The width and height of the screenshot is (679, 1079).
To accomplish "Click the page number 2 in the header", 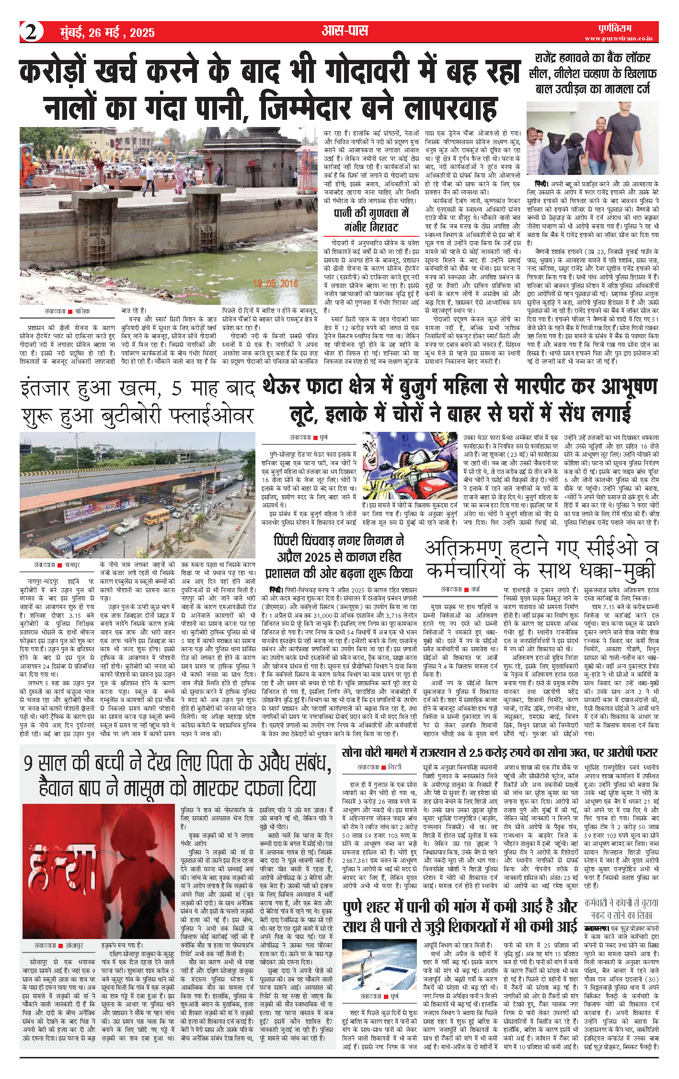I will [x=31, y=32].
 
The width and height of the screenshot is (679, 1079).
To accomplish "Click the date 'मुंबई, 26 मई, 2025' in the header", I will [x=107, y=33].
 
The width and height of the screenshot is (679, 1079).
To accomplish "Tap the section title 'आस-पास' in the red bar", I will [x=345, y=31].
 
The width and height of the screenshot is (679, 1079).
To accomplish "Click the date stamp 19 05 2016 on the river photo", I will [x=276, y=283].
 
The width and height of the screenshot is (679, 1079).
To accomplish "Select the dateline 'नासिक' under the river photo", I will [x=82, y=312].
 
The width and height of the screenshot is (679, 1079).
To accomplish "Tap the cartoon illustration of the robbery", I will [x=410, y=465].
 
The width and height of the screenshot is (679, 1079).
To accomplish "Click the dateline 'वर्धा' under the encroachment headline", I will [x=475, y=589].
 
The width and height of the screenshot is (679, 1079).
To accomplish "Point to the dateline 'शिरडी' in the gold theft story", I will [x=395, y=767].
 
